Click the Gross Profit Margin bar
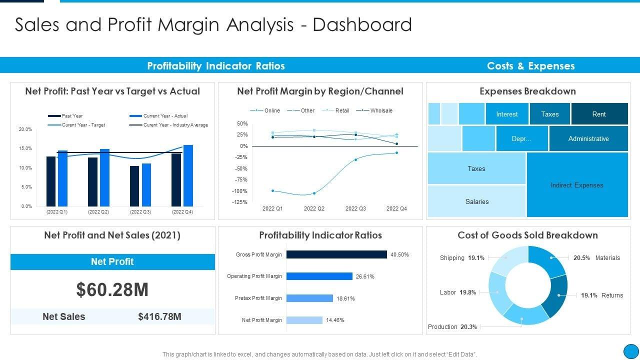coord(336,254)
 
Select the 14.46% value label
coord(335,320)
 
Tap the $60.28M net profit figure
coord(112,289)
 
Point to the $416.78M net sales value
coord(159,316)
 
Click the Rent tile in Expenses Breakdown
coord(599,114)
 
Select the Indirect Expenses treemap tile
coord(577,185)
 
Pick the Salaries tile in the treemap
coord(476,201)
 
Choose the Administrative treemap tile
coord(588,138)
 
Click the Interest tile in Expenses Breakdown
coord(506,114)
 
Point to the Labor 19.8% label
coord(457,292)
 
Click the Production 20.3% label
coord(452,327)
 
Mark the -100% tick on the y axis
coord(240,191)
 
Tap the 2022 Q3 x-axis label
coord(355,208)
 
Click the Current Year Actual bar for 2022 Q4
coord(188,175)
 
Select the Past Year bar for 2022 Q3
coord(134,186)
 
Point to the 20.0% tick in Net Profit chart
coord(25,129)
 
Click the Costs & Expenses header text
coord(530,66)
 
